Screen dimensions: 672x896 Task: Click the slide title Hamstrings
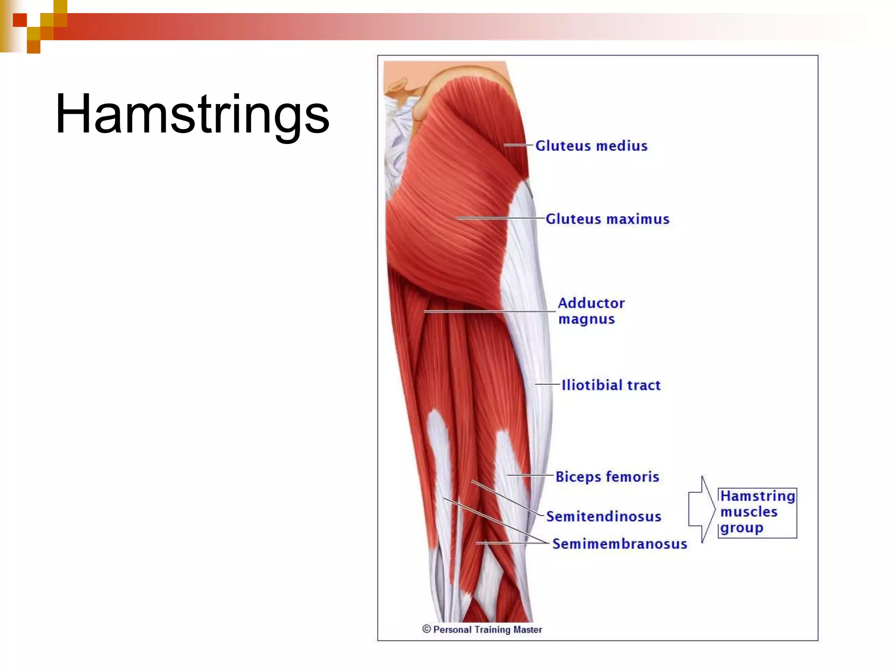click(192, 115)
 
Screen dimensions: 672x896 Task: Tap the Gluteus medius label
click(591, 146)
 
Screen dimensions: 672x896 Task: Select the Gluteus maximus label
click(607, 219)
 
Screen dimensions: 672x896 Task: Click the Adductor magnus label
click(591, 311)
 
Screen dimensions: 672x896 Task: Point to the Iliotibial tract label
click(611, 385)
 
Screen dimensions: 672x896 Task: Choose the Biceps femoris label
click(607, 476)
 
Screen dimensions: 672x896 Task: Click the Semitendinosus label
click(603, 517)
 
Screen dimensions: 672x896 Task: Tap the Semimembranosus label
click(619, 544)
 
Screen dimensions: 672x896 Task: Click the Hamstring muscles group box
click(757, 512)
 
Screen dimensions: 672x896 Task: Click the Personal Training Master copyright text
click(487, 630)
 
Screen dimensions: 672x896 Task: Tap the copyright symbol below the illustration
click(427, 629)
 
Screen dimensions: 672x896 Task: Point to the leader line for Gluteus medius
click(518, 145)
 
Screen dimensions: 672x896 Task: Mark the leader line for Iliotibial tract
click(547, 384)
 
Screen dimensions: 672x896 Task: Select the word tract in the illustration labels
click(644, 385)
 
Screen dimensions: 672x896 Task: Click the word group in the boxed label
click(742, 528)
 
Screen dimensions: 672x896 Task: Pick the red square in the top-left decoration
click(20, 20)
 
